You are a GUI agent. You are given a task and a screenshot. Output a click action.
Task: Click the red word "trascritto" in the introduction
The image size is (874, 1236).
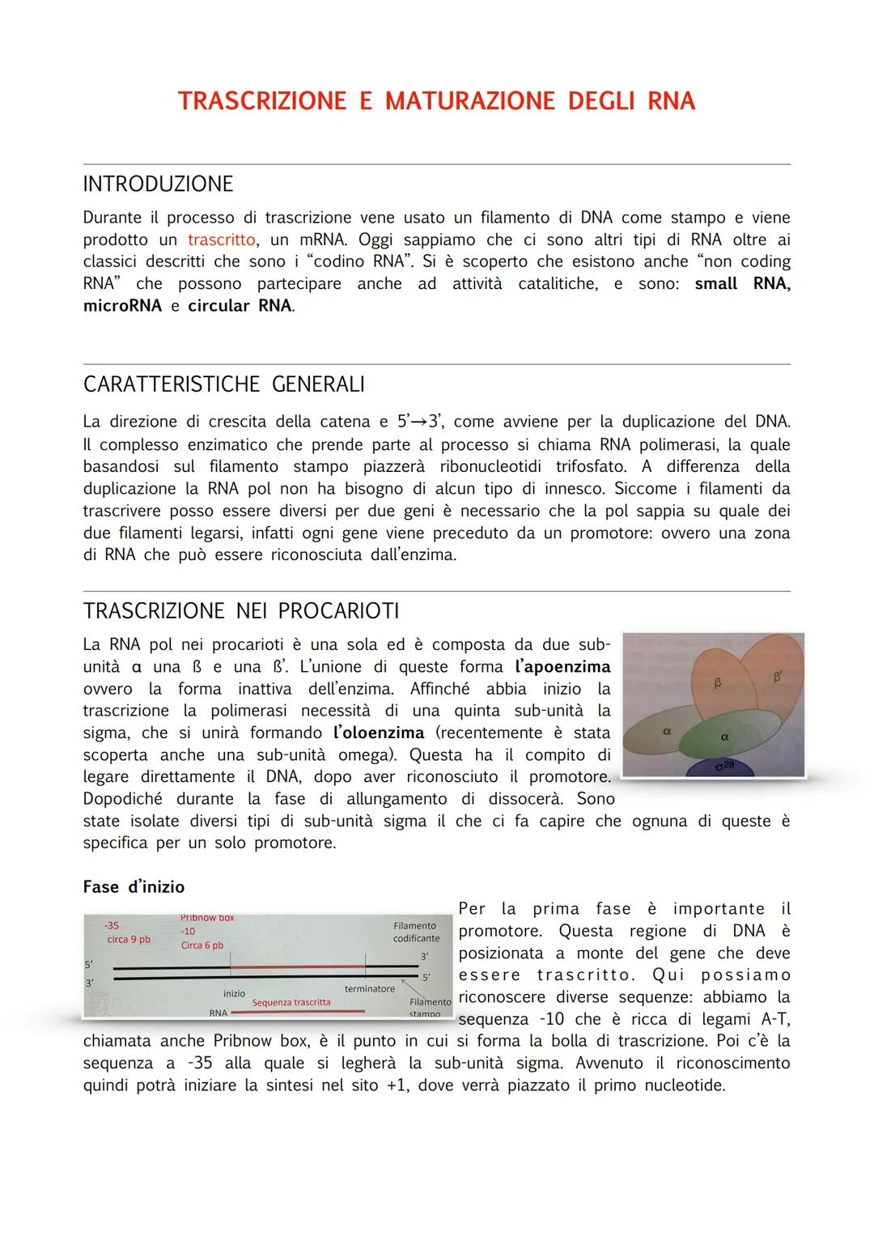point(221,240)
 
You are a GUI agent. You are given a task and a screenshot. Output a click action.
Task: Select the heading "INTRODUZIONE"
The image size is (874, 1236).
point(158,185)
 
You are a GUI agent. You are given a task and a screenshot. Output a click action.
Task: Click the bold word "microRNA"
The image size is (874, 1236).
point(122,306)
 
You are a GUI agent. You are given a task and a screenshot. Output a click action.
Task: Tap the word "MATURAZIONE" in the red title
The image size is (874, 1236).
point(470,101)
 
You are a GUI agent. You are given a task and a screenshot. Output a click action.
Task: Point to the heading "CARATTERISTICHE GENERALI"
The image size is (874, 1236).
point(223,384)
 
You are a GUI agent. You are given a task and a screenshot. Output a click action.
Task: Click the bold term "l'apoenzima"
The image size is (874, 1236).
point(562,668)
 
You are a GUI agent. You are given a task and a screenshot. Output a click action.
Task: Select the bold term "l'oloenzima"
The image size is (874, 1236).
point(379,733)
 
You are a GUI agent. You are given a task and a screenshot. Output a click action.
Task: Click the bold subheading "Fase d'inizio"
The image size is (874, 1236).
point(134,887)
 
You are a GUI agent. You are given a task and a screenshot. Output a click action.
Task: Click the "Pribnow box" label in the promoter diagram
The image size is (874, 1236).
point(207,918)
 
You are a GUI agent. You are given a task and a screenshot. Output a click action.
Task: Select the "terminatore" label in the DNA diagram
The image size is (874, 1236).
point(370,988)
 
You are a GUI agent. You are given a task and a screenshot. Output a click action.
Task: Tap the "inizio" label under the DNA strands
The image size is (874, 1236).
point(234,993)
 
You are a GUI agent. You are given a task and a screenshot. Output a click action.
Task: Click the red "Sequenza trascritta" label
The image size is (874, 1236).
point(291,1002)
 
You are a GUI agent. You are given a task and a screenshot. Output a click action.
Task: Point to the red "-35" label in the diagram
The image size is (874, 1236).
point(112,925)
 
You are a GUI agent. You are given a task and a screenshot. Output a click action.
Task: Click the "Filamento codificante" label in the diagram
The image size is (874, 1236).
point(416,932)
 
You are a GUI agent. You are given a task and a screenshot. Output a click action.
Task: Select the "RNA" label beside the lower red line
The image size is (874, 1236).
point(218,1013)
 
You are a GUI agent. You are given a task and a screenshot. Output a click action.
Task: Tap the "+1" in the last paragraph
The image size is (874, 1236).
point(397,1085)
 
